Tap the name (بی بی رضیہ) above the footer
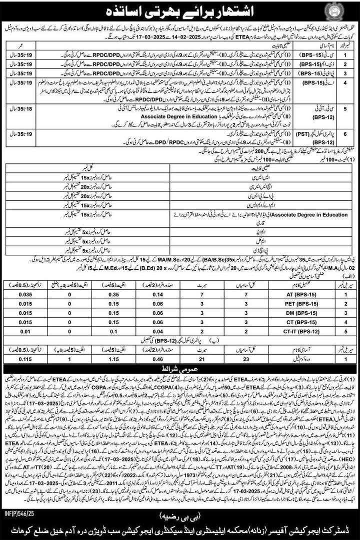[180, 514]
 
